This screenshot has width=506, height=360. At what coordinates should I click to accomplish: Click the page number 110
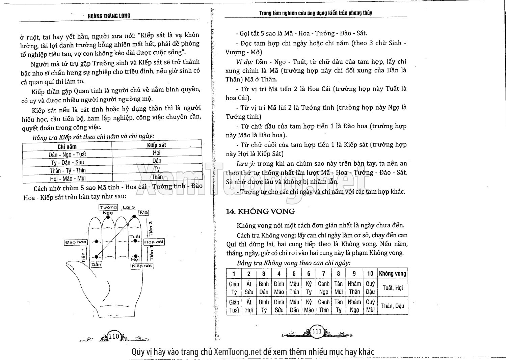point(113,336)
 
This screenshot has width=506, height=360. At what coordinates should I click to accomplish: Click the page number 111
point(317,331)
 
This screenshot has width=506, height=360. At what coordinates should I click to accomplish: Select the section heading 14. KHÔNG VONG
point(260,212)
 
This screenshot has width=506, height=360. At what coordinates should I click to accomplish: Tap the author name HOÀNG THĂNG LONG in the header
point(109,16)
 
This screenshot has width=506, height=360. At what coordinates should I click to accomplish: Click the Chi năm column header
point(67,146)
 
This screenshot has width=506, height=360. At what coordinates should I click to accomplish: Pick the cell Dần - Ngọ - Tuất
point(67,155)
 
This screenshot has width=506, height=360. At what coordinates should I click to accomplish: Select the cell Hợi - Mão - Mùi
point(67,178)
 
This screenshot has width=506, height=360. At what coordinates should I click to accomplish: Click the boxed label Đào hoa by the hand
point(76,242)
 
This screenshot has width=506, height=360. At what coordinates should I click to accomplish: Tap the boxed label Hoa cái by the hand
point(154,242)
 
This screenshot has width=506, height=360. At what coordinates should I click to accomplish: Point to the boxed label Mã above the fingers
point(144,213)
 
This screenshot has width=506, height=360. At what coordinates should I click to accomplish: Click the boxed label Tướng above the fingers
point(108,207)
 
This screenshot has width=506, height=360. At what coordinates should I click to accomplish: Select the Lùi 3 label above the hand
point(129,207)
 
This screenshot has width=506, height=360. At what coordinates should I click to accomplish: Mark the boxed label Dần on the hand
point(97,265)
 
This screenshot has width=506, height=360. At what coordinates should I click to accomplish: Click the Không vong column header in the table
point(392,273)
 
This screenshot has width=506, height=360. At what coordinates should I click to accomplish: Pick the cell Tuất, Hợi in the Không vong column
point(392,288)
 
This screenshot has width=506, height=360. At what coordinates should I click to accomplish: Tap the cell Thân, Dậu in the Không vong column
point(392,306)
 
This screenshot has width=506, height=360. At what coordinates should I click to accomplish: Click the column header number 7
point(323,274)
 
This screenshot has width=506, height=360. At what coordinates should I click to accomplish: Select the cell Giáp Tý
point(234,288)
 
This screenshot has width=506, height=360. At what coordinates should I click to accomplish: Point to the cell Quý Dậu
point(370,288)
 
